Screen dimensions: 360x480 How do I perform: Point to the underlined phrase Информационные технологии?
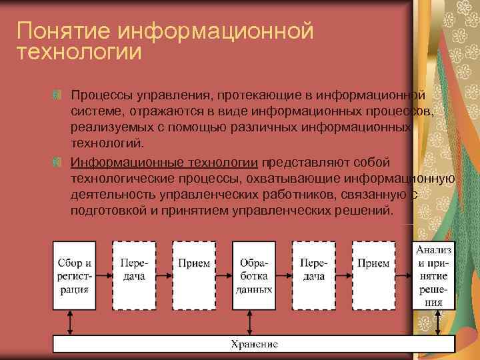[165, 162]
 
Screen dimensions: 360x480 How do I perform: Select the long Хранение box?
[253, 344]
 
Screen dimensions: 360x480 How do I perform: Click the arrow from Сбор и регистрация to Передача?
[103, 275]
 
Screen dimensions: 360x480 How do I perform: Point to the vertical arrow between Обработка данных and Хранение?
[253, 322]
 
